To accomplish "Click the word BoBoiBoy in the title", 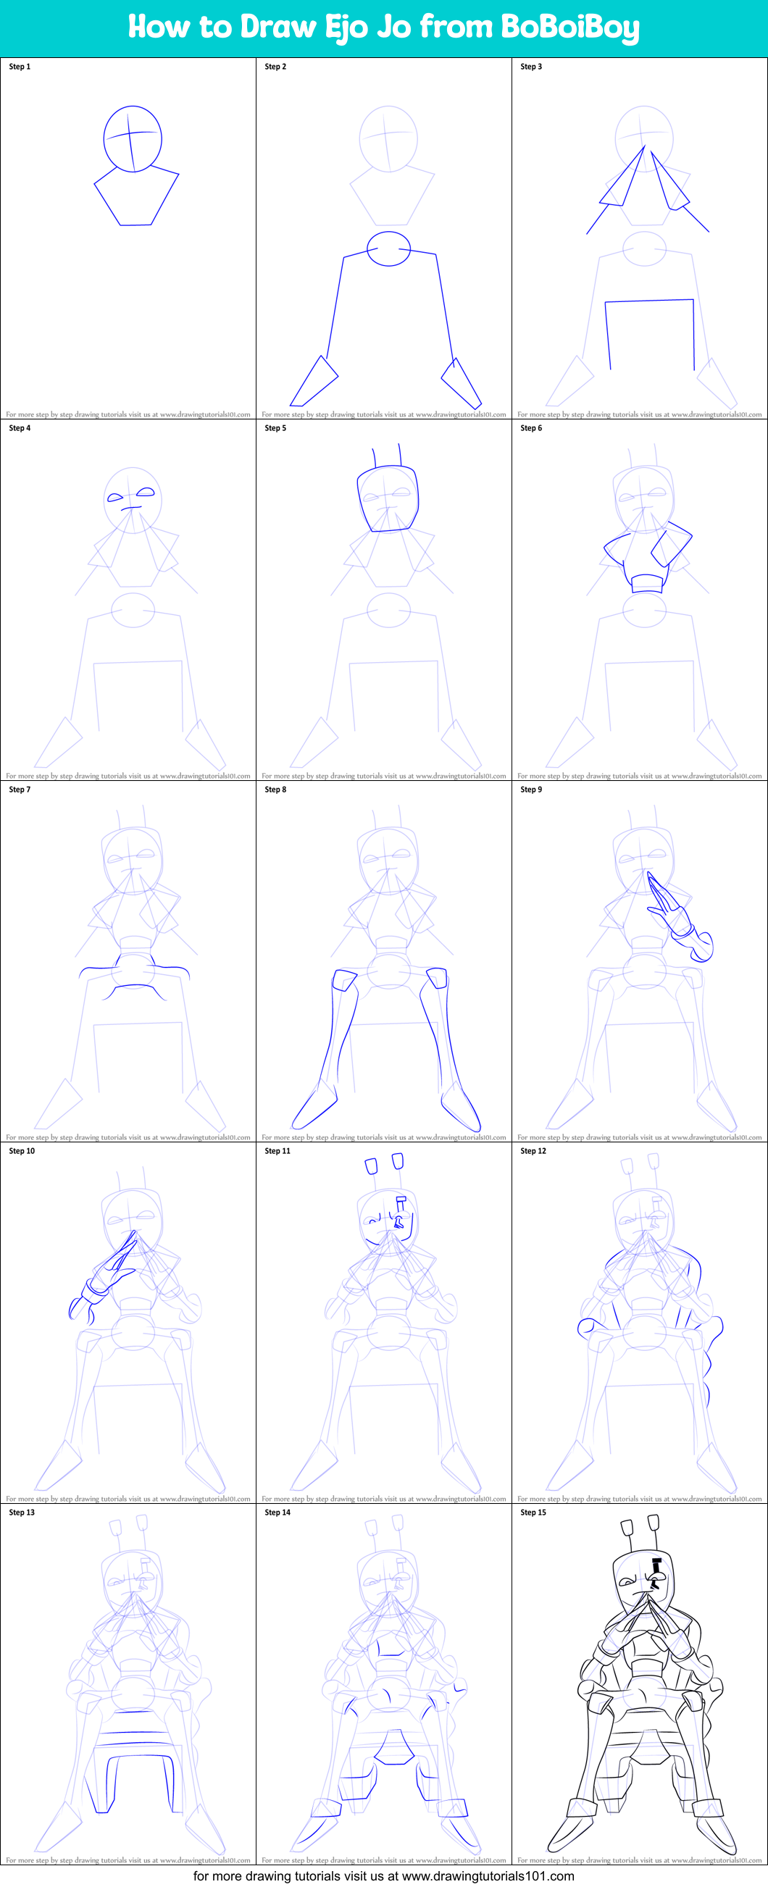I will pyautogui.click(x=569, y=27).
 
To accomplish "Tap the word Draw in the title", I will pyautogui.click(x=278, y=27).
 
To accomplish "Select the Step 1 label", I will pyautogui.click(x=20, y=67).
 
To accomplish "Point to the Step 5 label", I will pyautogui.click(x=275, y=428).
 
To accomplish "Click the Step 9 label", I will pyautogui.click(x=531, y=790).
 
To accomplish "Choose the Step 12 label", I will pyautogui.click(x=533, y=1151).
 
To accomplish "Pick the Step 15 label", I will pyautogui.click(x=533, y=1512).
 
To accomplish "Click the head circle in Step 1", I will pyautogui.click(x=133, y=139).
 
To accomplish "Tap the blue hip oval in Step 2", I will pyautogui.click(x=388, y=248).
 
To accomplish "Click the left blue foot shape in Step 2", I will pyautogui.click(x=314, y=382).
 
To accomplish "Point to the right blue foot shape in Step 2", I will pyautogui.click(x=461, y=383).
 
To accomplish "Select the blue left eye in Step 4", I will pyautogui.click(x=116, y=498).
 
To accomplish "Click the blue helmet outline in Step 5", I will pyautogui.click(x=388, y=499).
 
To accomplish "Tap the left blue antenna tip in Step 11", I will pyautogui.click(x=371, y=1166).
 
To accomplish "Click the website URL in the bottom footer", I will pyautogui.click(x=488, y=1876).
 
